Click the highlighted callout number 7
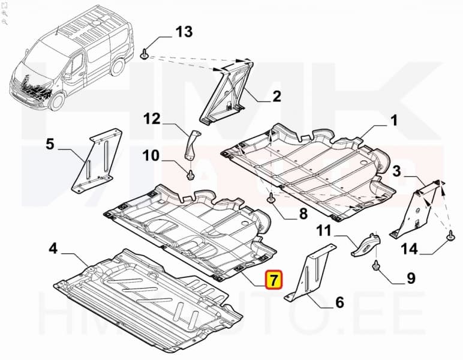click(x=273, y=280)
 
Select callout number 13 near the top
click(x=184, y=32)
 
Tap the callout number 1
click(x=394, y=121)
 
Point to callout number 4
click(x=53, y=247)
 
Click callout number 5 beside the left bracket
click(x=50, y=143)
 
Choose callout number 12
click(x=152, y=119)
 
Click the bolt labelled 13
click(x=145, y=55)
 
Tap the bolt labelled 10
click(x=191, y=175)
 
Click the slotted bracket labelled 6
click(x=308, y=275)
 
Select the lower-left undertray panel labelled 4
click(x=144, y=300)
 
